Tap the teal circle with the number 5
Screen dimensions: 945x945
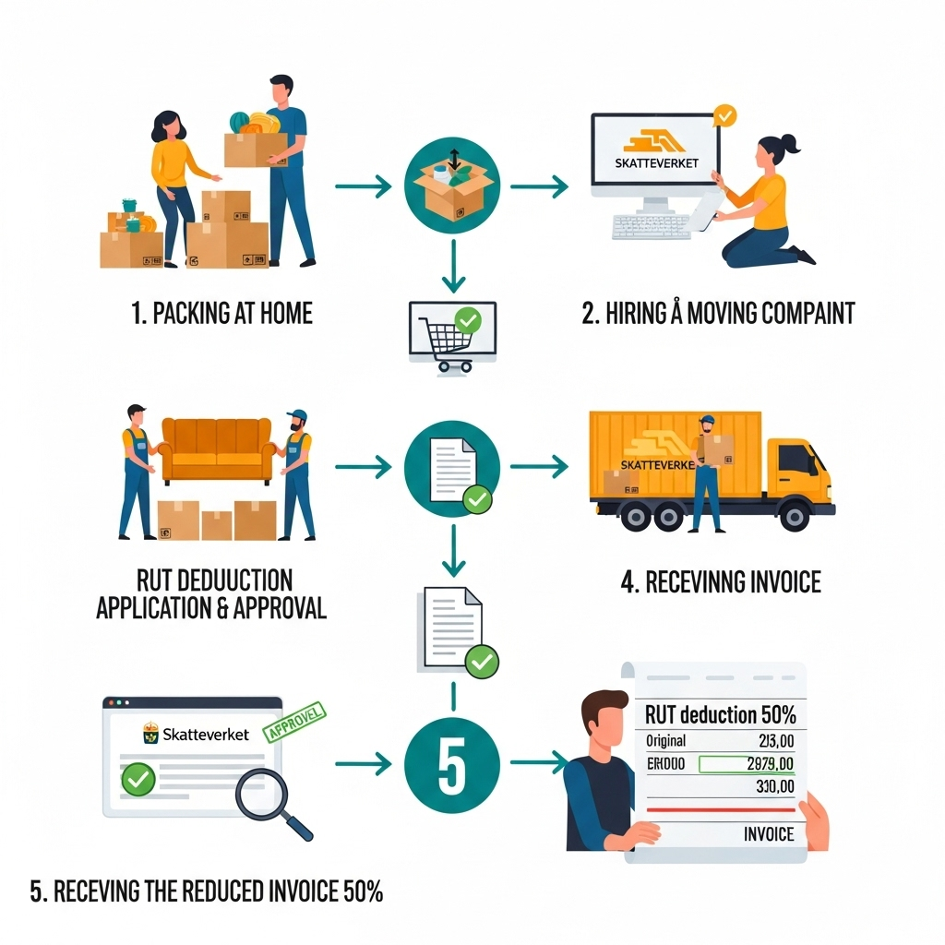coord(451,763)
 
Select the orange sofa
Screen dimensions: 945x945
coord(219,451)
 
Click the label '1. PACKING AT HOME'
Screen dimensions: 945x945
coord(221,314)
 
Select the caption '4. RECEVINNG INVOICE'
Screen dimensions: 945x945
coord(721,582)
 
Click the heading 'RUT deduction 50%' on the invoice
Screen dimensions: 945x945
coord(721,714)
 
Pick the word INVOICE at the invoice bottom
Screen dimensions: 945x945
coord(768,833)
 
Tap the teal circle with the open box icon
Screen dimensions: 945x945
coord(451,186)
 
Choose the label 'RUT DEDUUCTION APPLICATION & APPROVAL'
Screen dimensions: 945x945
coord(211,594)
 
